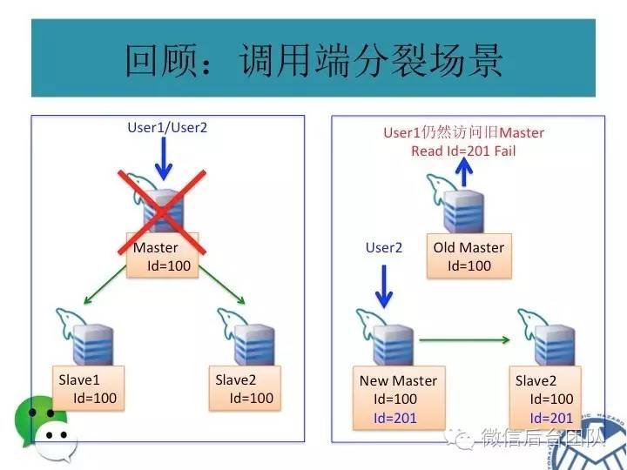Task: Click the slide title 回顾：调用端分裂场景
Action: click(313, 59)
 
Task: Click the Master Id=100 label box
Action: click(163, 255)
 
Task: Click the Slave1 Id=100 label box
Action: click(87, 388)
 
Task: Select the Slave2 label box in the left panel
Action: click(244, 388)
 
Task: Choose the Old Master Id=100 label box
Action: click(469, 256)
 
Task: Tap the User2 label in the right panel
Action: click(383, 248)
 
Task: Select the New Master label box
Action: click(398, 399)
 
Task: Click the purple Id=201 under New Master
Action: click(395, 418)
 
